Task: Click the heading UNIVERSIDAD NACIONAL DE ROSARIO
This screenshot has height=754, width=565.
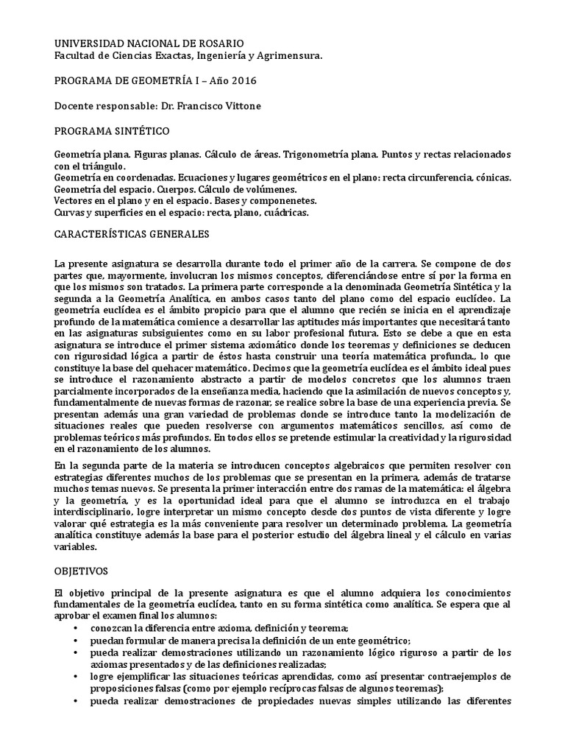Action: (x=150, y=44)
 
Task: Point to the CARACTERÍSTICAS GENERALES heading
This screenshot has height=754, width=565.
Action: (x=132, y=234)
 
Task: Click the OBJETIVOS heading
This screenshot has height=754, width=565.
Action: (x=82, y=571)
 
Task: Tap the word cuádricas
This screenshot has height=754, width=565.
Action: (x=285, y=213)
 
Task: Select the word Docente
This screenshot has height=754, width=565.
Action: (x=76, y=105)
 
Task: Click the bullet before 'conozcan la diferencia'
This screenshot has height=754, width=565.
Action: (x=77, y=627)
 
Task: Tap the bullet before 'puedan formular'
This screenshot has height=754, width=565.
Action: (x=77, y=641)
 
